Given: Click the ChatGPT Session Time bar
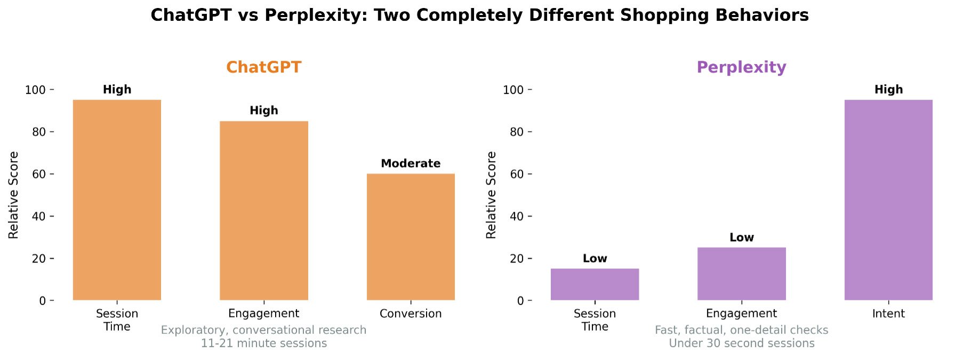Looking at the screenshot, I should click(x=117, y=200).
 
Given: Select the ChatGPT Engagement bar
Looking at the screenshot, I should click(x=264, y=211).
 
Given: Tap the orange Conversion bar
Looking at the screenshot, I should click(x=411, y=237).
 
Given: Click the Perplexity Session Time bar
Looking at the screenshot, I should click(x=595, y=284).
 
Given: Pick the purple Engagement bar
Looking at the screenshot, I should click(x=741, y=274).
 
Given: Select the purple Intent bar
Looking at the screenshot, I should click(x=888, y=200).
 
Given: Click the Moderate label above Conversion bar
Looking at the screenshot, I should click(x=411, y=164).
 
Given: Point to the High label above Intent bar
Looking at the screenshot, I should click(x=888, y=90).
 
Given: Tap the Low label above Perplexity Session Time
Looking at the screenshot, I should click(x=595, y=259).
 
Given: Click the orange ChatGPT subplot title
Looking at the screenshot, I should click(x=264, y=67).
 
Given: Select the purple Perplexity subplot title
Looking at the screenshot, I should click(x=741, y=67).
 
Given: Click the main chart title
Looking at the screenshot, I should click(x=479, y=15).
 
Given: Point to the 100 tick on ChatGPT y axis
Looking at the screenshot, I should click(x=35, y=90).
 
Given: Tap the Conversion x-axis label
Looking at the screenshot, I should click(x=411, y=314).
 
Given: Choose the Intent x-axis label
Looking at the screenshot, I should click(x=888, y=314).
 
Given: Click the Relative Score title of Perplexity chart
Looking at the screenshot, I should click(x=491, y=195).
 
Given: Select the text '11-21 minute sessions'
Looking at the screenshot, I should click(x=264, y=343).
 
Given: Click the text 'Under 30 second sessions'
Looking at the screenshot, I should click(x=741, y=343).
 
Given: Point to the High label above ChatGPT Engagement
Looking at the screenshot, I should click(x=264, y=110).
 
